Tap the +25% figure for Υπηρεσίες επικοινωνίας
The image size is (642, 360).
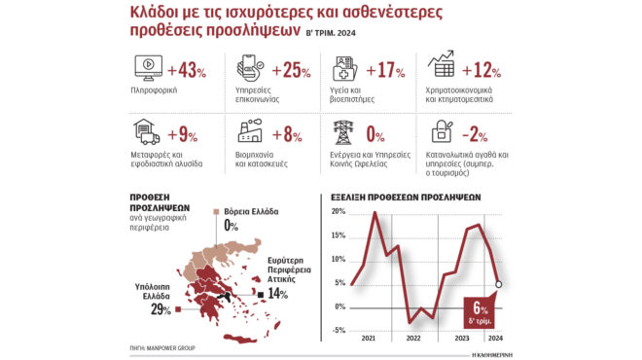[291, 70]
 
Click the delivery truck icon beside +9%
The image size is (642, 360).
[144, 134]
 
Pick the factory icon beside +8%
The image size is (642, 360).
[248, 134]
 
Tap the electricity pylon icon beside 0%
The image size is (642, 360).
[344, 134]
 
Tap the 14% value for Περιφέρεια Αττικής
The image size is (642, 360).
[279, 293]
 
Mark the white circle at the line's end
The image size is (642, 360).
[498, 285]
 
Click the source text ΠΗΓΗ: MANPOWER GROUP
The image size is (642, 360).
[160, 345]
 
